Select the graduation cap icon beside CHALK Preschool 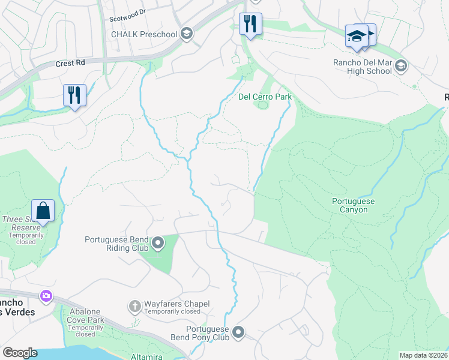click(x=187, y=34)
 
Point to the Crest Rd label click(x=70, y=63)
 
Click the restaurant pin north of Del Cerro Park click(x=250, y=25)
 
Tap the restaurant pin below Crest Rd click(x=74, y=95)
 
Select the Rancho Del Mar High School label click(x=363, y=67)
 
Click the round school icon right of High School click(x=401, y=65)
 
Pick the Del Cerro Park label click(x=264, y=97)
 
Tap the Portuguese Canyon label click(x=354, y=206)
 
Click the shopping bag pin click(x=43, y=211)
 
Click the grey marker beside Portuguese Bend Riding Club click(x=158, y=243)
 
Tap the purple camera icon click(x=46, y=296)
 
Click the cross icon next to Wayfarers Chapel click(x=134, y=307)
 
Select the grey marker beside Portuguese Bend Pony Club click(x=239, y=332)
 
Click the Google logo click(x=20, y=353)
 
